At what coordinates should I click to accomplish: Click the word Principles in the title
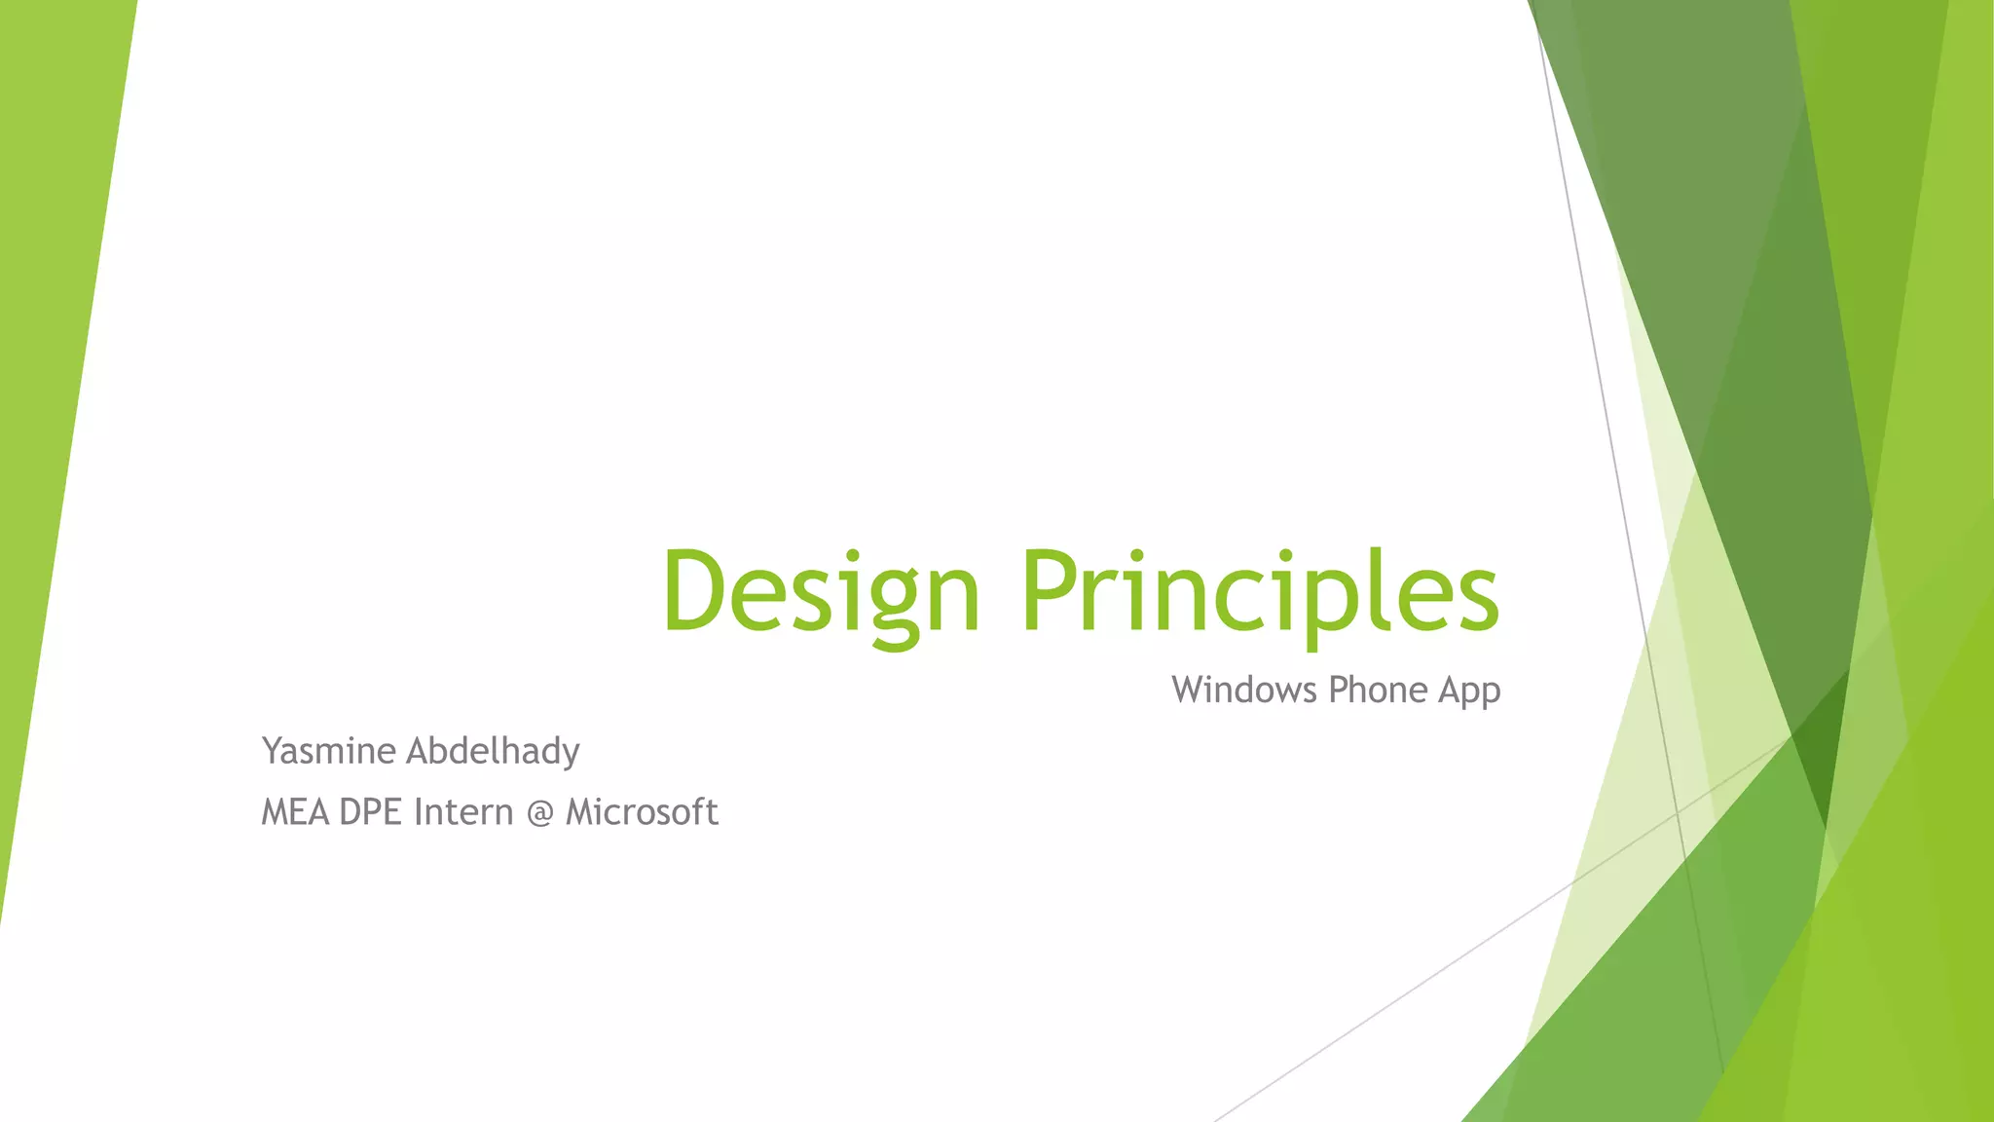pyautogui.click(x=1260, y=591)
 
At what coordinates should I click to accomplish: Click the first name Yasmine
pyautogui.click(x=328, y=751)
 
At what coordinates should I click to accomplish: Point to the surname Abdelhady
pyautogui.click(x=493, y=751)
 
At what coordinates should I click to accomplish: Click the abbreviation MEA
pyautogui.click(x=295, y=812)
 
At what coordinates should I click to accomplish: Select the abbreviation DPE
pyautogui.click(x=371, y=812)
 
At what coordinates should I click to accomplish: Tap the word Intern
pyautogui.click(x=462, y=812)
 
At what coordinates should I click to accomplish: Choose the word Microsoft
pyautogui.click(x=642, y=812)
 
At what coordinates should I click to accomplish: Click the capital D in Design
pyautogui.click(x=693, y=591)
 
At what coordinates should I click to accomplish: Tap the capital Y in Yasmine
pyautogui.click(x=273, y=751)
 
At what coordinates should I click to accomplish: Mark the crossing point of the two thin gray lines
pyautogui.click(x=1677, y=810)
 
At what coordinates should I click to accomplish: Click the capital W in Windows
pyautogui.click(x=1192, y=690)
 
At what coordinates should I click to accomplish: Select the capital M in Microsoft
pyautogui.click(x=582, y=812)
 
